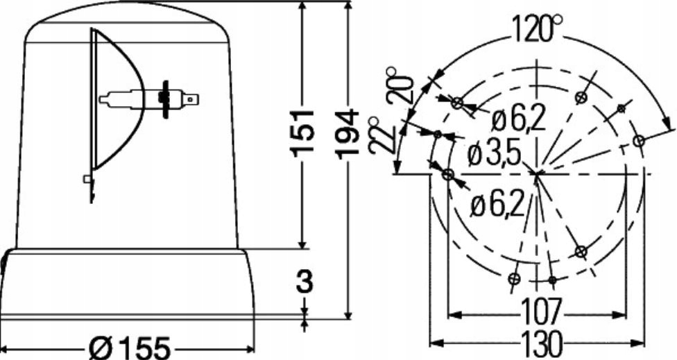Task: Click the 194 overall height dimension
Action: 350,131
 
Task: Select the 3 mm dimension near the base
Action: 305,282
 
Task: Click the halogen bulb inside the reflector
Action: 139,98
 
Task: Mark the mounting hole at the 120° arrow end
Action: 639,141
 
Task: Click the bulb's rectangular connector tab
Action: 191,100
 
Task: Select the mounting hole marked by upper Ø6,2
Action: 456,103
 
